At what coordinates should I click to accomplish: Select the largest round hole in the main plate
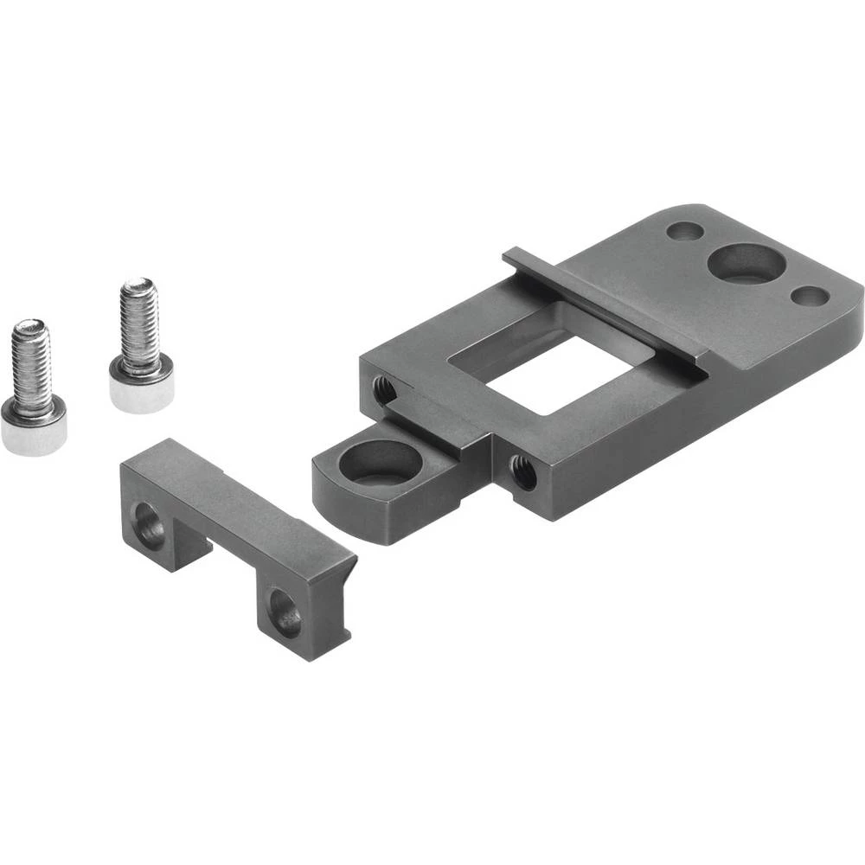pos(745,263)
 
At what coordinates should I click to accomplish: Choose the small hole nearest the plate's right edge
pos(811,297)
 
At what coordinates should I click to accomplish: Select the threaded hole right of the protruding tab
pos(522,472)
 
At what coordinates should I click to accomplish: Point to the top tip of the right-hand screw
pos(137,284)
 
